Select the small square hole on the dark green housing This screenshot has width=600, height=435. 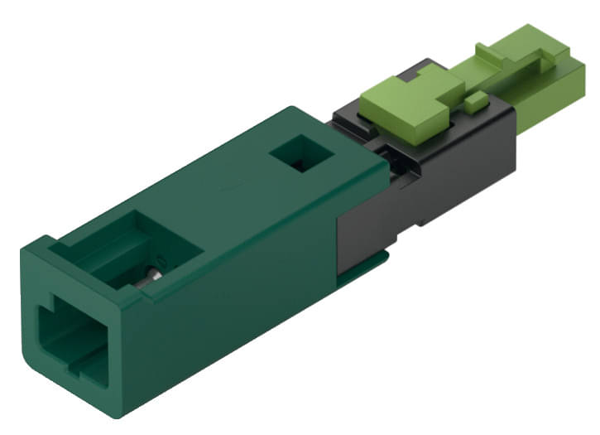point(301,154)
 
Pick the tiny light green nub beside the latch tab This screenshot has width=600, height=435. point(473,103)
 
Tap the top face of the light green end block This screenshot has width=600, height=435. point(546,50)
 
